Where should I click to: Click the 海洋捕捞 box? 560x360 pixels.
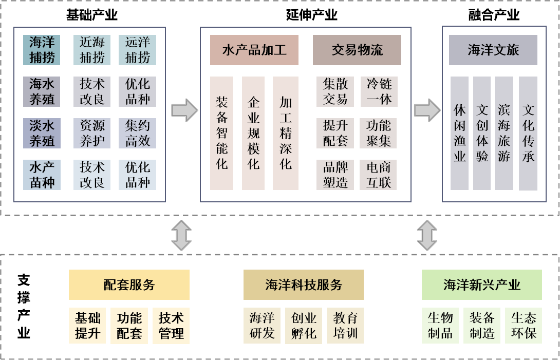point(42,50)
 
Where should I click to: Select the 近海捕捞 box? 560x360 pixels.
point(92,50)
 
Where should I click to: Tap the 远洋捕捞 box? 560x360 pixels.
point(137,50)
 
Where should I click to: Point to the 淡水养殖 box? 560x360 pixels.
point(42,133)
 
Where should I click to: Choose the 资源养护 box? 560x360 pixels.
point(92,133)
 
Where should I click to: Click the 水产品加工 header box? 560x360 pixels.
point(254,50)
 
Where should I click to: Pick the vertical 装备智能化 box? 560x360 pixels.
point(221,133)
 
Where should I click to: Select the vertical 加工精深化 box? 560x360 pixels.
point(286,133)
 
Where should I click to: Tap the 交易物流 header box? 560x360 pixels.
point(357,50)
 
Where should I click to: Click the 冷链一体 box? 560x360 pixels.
point(379,91)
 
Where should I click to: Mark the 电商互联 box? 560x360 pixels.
point(379,175)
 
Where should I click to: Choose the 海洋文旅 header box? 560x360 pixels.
point(493,50)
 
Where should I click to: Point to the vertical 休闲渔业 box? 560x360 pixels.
point(460,133)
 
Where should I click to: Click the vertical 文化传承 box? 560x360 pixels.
point(528,133)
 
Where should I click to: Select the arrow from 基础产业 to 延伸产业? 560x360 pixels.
point(184,110)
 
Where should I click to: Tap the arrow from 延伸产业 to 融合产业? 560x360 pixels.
point(427,110)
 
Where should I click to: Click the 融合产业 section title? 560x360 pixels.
point(494,15)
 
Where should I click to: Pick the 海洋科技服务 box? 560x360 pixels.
point(304,285)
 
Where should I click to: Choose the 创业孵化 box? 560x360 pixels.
point(304,326)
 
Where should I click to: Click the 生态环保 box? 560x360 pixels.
point(524,326)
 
